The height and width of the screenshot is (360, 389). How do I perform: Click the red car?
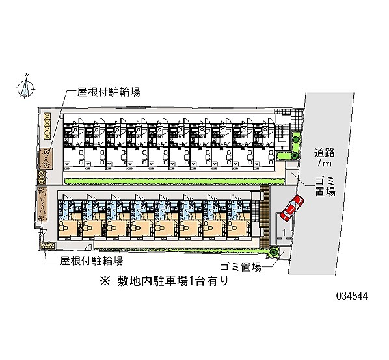pos(292,208)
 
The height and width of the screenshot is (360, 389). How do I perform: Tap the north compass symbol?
pos(25,87)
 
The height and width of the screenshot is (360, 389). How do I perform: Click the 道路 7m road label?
pos(324,157)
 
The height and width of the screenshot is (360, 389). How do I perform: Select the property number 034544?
pos(352,296)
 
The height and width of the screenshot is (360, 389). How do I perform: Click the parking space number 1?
pos(284,233)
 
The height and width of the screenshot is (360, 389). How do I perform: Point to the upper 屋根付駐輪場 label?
pos(109,92)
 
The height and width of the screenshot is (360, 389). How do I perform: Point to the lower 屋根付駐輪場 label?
pos(91,261)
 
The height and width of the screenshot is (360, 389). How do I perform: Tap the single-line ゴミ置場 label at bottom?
pos(241,267)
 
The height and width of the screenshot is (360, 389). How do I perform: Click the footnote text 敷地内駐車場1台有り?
pos(172,281)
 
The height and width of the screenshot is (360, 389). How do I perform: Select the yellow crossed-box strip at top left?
pos(47,125)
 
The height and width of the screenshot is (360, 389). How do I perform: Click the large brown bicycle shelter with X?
pos(46,159)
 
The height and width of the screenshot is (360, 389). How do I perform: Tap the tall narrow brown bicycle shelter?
pos(42,205)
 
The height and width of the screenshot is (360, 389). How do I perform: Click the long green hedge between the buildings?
pos(174,181)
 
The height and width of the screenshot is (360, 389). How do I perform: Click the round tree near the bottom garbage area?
pos(273,253)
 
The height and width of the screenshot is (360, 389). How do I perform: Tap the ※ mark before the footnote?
pos(105,282)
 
